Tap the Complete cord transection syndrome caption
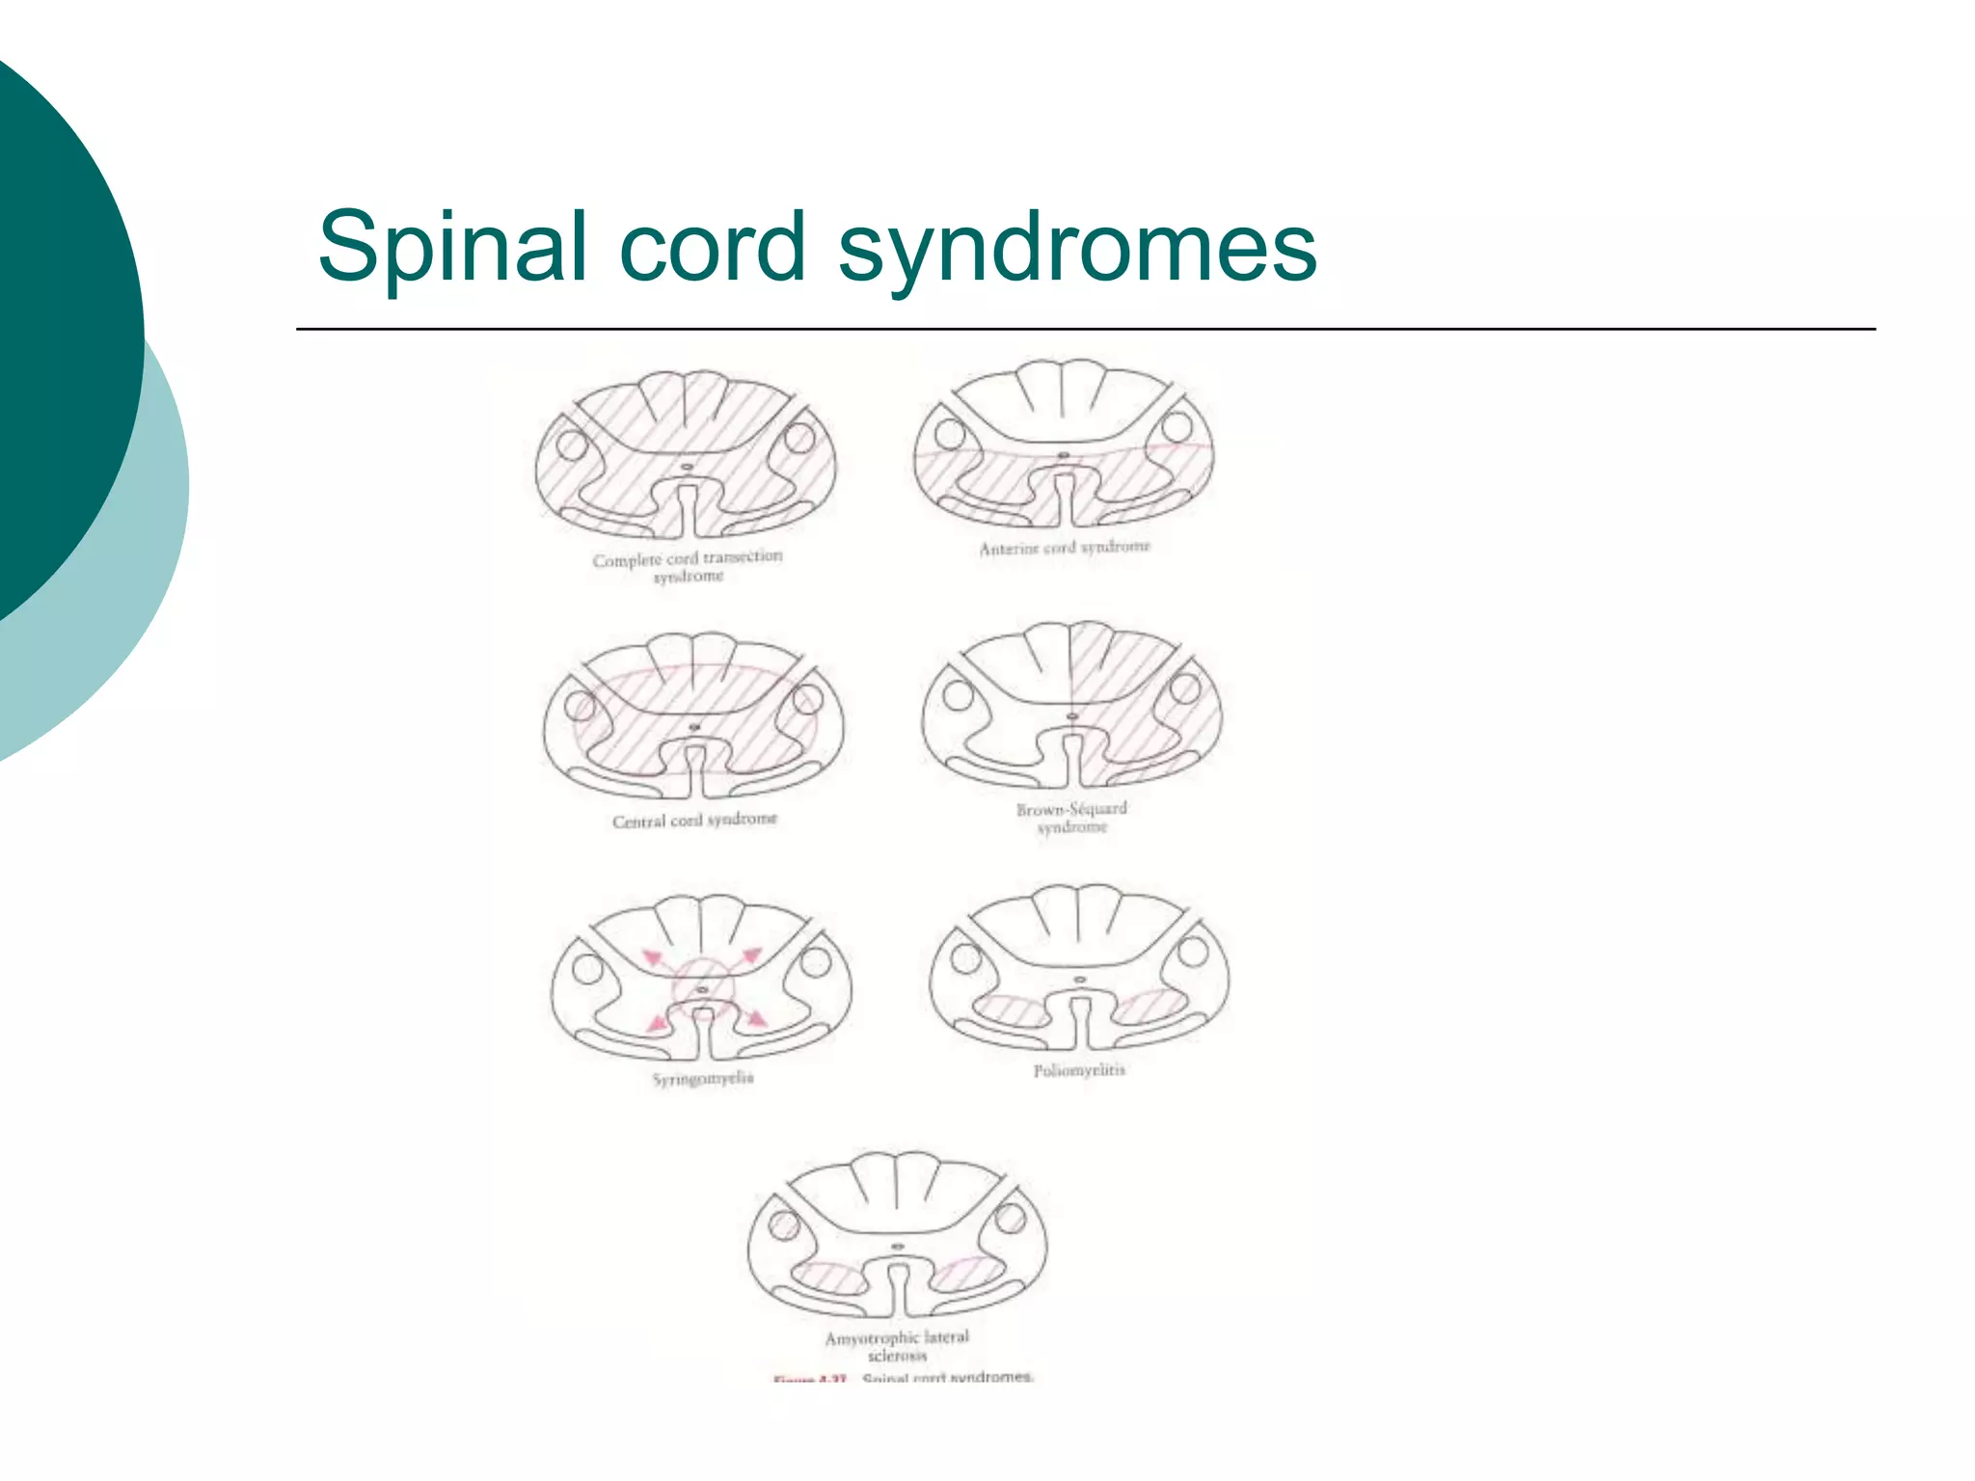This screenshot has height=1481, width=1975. (x=688, y=566)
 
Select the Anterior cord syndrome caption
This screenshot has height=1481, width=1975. (x=1065, y=548)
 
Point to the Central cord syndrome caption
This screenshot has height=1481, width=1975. (x=694, y=820)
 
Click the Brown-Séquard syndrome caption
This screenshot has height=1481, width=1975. (x=1071, y=818)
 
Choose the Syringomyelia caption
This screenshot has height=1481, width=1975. (x=703, y=1078)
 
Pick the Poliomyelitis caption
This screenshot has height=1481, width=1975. (x=1079, y=1070)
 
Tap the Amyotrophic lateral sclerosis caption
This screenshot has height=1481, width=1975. (x=897, y=1345)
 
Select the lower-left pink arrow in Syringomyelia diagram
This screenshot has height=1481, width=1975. (x=658, y=1021)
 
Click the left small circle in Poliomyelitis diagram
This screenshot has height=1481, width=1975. (x=965, y=958)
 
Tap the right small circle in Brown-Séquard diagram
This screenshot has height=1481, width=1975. (x=1185, y=688)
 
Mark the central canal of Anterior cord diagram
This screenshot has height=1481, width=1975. (x=1064, y=454)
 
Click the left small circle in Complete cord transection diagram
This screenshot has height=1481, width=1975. (x=572, y=445)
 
